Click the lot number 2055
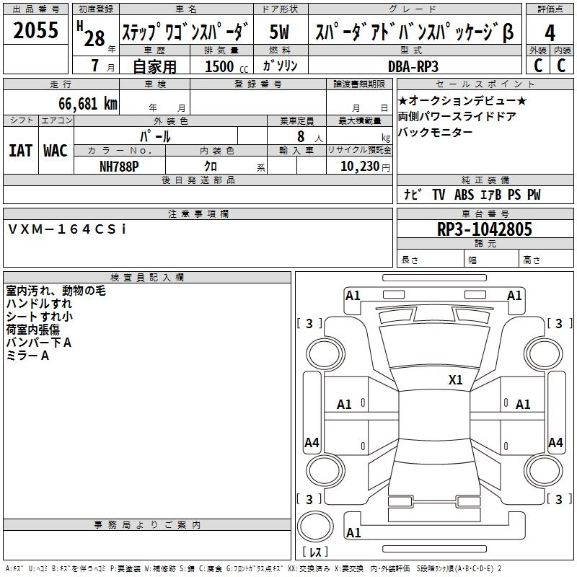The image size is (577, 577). pyautogui.click(x=35, y=30)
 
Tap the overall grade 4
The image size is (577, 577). pyautogui.click(x=550, y=33)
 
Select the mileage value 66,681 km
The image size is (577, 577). pyautogui.click(x=88, y=104)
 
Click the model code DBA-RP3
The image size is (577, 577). pyautogui.click(x=413, y=66)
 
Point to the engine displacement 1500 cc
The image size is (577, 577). pyautogui.click(x=226, y=66)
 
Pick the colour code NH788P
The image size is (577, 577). pyautogui.click(x=119, y=167)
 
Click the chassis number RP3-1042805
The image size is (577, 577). pyautogui.click(x=484, y=229)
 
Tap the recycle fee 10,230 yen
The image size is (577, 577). pyautogui.click(x=365, y=167)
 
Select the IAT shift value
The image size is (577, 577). pyautogui.click(x=21, y=151)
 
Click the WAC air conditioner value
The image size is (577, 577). pyautogui.click(x=56, y=151)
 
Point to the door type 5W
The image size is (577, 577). pyautogui.click(x=279, y=32)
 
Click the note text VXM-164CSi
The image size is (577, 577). pyautogui.click(x=67, y=229)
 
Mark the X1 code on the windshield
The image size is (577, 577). pyautogui.click(x=455, y=380)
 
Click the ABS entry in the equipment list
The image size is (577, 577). pyautogui.click(x=464, y=194)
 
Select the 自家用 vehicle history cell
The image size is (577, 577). pyautogui.click(x=154, y=66)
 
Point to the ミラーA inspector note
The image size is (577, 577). pyautogui.click(x=27, y=356)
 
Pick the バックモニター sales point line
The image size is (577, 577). pyautogui.click(x=435, y=132)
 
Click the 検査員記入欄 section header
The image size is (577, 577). pyautogui.click(x=147, y=278)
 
